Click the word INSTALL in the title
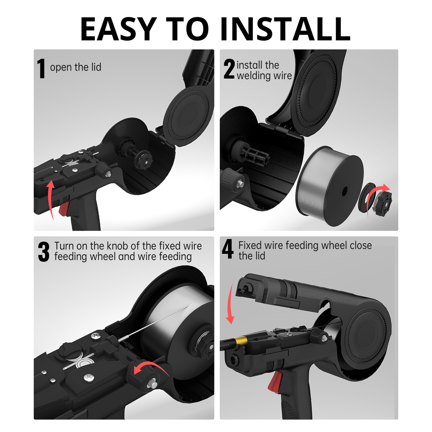coord(285,29)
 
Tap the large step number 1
coord(41,69)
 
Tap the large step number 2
coord(229,69)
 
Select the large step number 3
coord(44,252)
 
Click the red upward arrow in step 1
coord(50,200)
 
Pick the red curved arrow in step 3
coord(153,367)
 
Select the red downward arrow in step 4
coord(230,303)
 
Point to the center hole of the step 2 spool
coord(345,191)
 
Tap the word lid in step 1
coord(96,67)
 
